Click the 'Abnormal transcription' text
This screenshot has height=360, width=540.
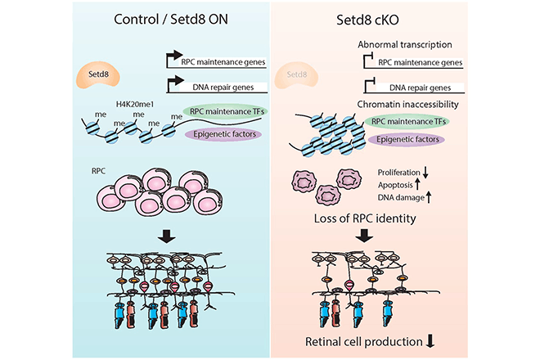[407, 45]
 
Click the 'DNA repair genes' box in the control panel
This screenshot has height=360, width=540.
[220, 85]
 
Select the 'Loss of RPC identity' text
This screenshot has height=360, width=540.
[366, 219]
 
